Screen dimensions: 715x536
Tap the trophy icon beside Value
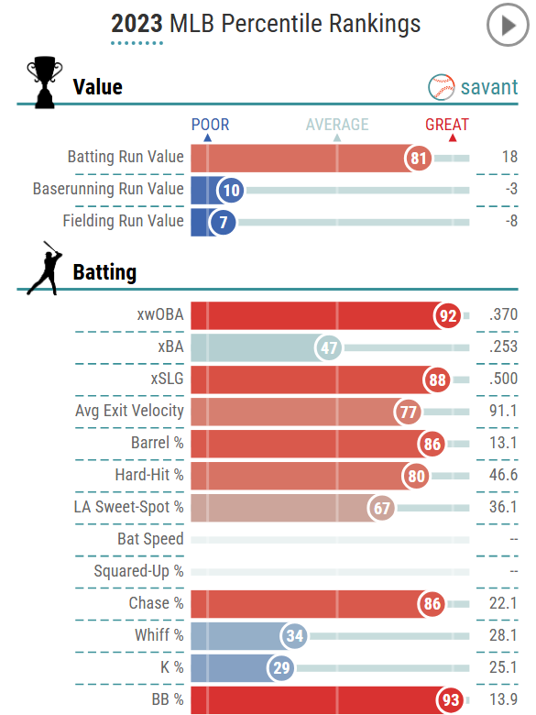pos(45,83)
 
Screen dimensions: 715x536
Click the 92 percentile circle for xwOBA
pos(447,315)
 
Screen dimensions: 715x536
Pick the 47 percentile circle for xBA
pos(329,347)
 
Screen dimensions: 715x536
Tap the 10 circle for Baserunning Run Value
pos(231,190)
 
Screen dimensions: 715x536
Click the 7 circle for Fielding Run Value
pos(222,222)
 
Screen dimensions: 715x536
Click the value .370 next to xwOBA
pos(503,315)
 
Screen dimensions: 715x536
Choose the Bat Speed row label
pos(150,540)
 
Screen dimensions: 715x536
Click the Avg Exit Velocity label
pos(129,412)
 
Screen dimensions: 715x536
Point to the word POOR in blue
pos(210,125)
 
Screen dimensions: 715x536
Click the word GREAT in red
pos(446,125)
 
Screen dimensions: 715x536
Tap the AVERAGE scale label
pos(337,125)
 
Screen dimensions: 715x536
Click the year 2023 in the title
pos(137,24)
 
